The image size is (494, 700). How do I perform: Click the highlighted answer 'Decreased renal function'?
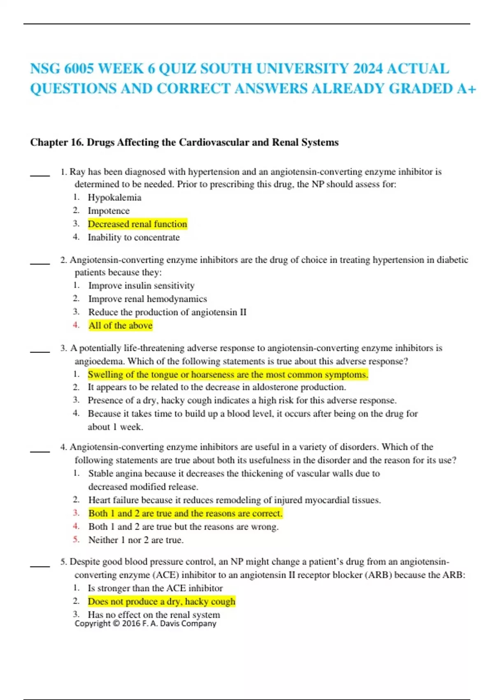click(137, 224)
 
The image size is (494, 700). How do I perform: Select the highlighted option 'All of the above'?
click(120, 325)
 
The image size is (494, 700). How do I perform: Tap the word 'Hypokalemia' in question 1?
click(114, 198)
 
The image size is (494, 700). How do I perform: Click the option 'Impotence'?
click(109, 211)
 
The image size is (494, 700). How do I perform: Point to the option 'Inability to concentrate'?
click(134, 237)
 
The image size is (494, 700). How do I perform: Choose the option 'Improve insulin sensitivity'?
click(141, 285)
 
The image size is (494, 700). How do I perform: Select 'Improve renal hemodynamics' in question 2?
click(147, 299)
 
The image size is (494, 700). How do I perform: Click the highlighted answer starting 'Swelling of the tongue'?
click(228, 374)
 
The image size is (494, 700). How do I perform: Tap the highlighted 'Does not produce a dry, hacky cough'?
click(161, 602)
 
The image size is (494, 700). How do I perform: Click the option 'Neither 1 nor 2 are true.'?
click(136, 540)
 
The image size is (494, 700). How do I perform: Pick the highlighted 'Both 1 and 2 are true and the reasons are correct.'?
click(185, 513)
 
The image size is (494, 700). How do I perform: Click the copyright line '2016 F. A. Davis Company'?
click(145, 623)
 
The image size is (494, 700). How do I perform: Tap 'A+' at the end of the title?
click(466, 89)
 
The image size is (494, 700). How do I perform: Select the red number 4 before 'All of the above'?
click(76, 325)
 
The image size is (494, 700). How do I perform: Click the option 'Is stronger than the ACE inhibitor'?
click(155, 588)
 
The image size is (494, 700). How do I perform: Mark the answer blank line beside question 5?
click(40, 566)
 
